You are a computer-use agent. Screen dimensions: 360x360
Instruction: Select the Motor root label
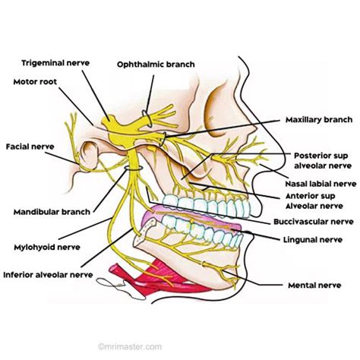(31, 79)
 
